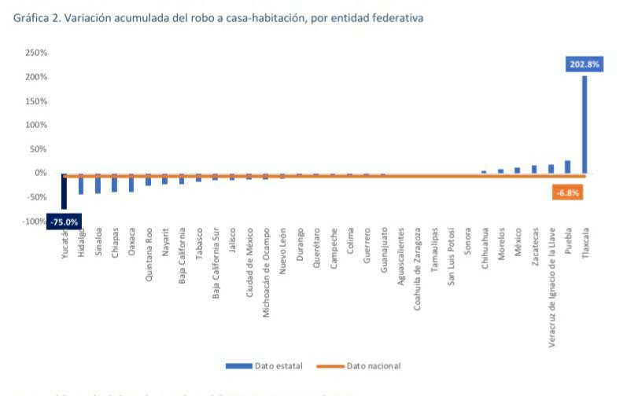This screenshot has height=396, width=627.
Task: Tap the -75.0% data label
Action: tap(65, 222)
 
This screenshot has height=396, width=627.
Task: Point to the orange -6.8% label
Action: tap(567, 192)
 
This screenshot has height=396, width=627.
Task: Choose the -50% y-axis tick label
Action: tap(37, 197)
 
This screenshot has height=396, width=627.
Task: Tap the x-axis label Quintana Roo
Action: tap(148, 255)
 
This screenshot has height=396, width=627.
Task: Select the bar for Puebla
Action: tap(568, 167)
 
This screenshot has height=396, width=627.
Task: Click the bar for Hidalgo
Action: tap(80, 184)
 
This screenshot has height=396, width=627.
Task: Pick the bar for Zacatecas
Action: tap(534, 169)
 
